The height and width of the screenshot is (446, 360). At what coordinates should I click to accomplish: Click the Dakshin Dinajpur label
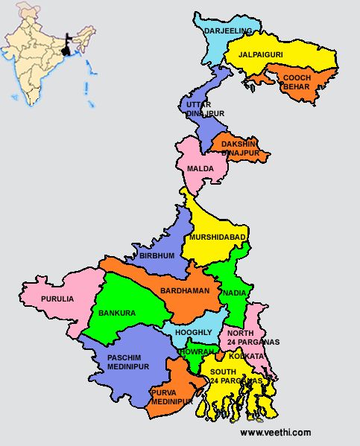tap(240, 147)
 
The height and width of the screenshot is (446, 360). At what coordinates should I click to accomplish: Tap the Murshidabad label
tap(218, 237)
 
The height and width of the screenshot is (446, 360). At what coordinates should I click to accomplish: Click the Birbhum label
tap(157, 255)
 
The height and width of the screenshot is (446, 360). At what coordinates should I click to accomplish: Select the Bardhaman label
tap(185, 290)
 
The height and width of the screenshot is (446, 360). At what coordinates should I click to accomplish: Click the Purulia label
tap(58, 299)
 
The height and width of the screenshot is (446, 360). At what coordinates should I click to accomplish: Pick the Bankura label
tap(117, 313)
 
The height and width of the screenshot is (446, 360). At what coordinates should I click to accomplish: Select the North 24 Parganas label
tap(253, 337)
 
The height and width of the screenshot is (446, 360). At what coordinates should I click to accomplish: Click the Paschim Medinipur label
tap(123, 363)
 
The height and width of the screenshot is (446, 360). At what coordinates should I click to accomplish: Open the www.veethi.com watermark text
tap(275, 433)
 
